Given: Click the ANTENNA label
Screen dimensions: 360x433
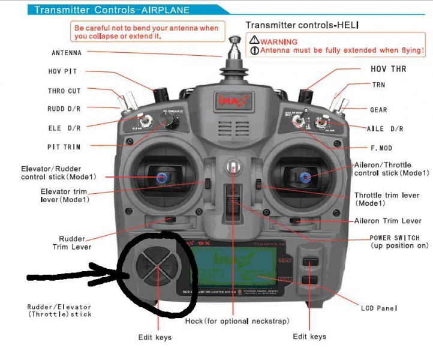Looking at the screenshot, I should click(x=66, y=53).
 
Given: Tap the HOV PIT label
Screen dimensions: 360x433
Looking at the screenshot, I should click(x=62, y=72).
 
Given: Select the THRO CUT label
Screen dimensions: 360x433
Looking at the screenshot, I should click(x=64, y=91).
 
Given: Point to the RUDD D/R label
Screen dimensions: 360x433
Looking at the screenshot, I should click(x=64, y=109).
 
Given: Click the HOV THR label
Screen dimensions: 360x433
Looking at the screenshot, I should click(x=388, y=69).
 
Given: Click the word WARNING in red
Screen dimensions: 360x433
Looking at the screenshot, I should click(x=280, y=41).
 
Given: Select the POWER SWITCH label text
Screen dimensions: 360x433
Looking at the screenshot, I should click(x=395, y=238).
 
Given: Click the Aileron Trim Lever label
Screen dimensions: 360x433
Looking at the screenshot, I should click(x=392, y=221).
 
